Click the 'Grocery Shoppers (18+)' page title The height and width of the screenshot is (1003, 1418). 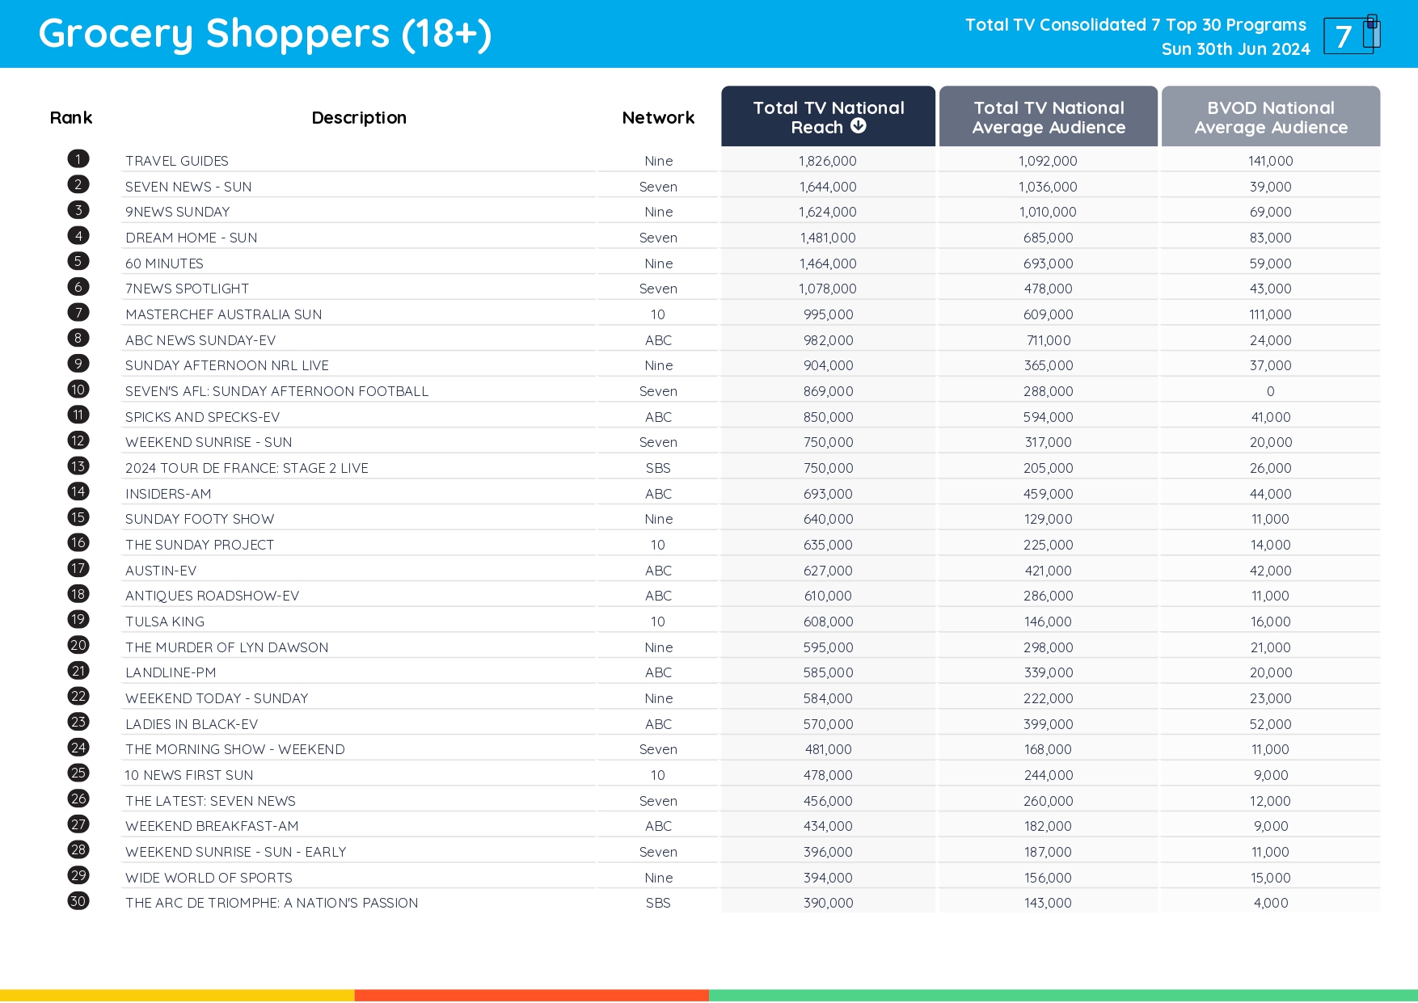coord(265,34)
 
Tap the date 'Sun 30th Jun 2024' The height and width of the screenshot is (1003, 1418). coord(1235,49)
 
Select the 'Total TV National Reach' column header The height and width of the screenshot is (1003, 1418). coord(828,116)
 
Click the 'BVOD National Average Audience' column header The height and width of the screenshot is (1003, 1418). coord(1270,116)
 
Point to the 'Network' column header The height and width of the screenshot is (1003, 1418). coord(658,118)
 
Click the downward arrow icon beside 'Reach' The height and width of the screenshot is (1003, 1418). coord(859,126)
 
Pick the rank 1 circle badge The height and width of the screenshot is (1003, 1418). coord(78,159)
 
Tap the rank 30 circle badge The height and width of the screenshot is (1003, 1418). coord(78,901)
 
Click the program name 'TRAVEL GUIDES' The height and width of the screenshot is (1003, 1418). coord(177,161)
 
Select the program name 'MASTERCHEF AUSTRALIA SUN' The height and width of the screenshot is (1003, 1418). coord(223,314)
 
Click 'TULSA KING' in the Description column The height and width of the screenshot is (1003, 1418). coord(165,622)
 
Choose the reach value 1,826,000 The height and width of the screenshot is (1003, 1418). coord(828,161)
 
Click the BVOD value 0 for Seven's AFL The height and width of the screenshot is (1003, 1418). coord(1270,391)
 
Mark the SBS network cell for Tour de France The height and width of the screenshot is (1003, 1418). coord(658,468)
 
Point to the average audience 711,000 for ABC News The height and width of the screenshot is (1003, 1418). coord(1048,340)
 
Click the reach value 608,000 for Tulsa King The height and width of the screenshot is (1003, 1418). coord(828,622)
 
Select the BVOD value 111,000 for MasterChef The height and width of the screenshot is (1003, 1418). coord(1270,314)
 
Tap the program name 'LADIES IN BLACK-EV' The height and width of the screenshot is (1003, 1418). coord(192,724)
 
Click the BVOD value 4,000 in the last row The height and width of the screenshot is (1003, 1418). coord(1270,903)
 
